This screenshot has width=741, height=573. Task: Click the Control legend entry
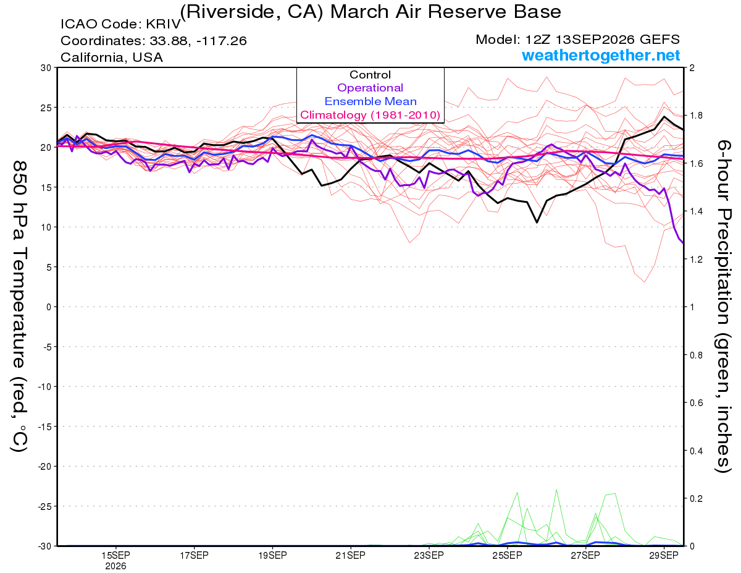(370, 75)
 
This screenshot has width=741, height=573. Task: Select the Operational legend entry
(370, 88)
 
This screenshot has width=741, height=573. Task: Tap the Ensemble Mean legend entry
(371, 101)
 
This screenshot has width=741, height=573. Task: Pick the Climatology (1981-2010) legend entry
(370, 115)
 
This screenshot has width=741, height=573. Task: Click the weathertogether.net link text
(601, 55)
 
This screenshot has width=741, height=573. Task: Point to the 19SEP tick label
(272, 556)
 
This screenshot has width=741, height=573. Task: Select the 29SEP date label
(664, 556)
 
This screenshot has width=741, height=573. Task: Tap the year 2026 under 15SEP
(115, 567)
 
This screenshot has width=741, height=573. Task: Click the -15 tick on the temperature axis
(44, 427)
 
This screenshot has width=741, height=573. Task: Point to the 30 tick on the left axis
(46, 68)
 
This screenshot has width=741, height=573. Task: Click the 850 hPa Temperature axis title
(19, 307)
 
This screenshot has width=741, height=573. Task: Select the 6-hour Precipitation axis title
(722, 307)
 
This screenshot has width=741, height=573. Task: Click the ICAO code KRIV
(164, 24)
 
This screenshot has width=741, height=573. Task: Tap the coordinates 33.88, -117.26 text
(198, 41)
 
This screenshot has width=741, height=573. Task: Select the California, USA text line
(112, 57)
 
